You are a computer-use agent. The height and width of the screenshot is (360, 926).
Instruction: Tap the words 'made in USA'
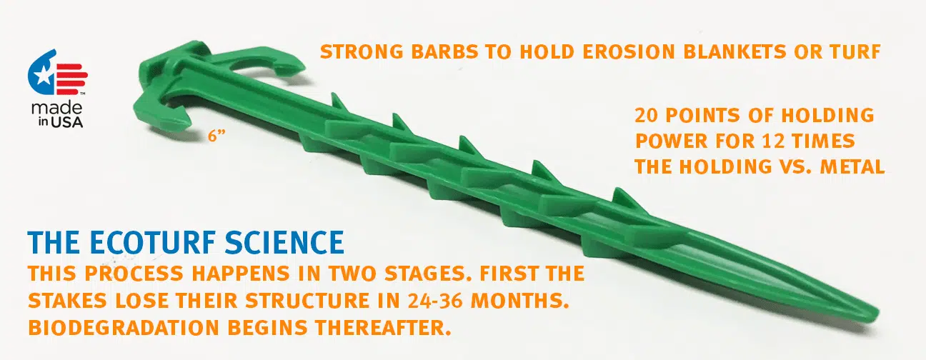(57, 114)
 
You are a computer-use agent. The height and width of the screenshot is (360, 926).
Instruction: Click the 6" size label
(216, 136)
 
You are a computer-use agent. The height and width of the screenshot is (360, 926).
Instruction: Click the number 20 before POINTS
(647, 116)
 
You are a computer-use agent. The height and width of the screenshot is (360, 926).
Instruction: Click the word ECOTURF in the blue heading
(154, 243)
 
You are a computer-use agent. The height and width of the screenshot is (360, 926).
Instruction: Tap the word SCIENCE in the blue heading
(284, 243)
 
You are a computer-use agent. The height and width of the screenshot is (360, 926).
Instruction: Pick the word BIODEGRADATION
(123, 328)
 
